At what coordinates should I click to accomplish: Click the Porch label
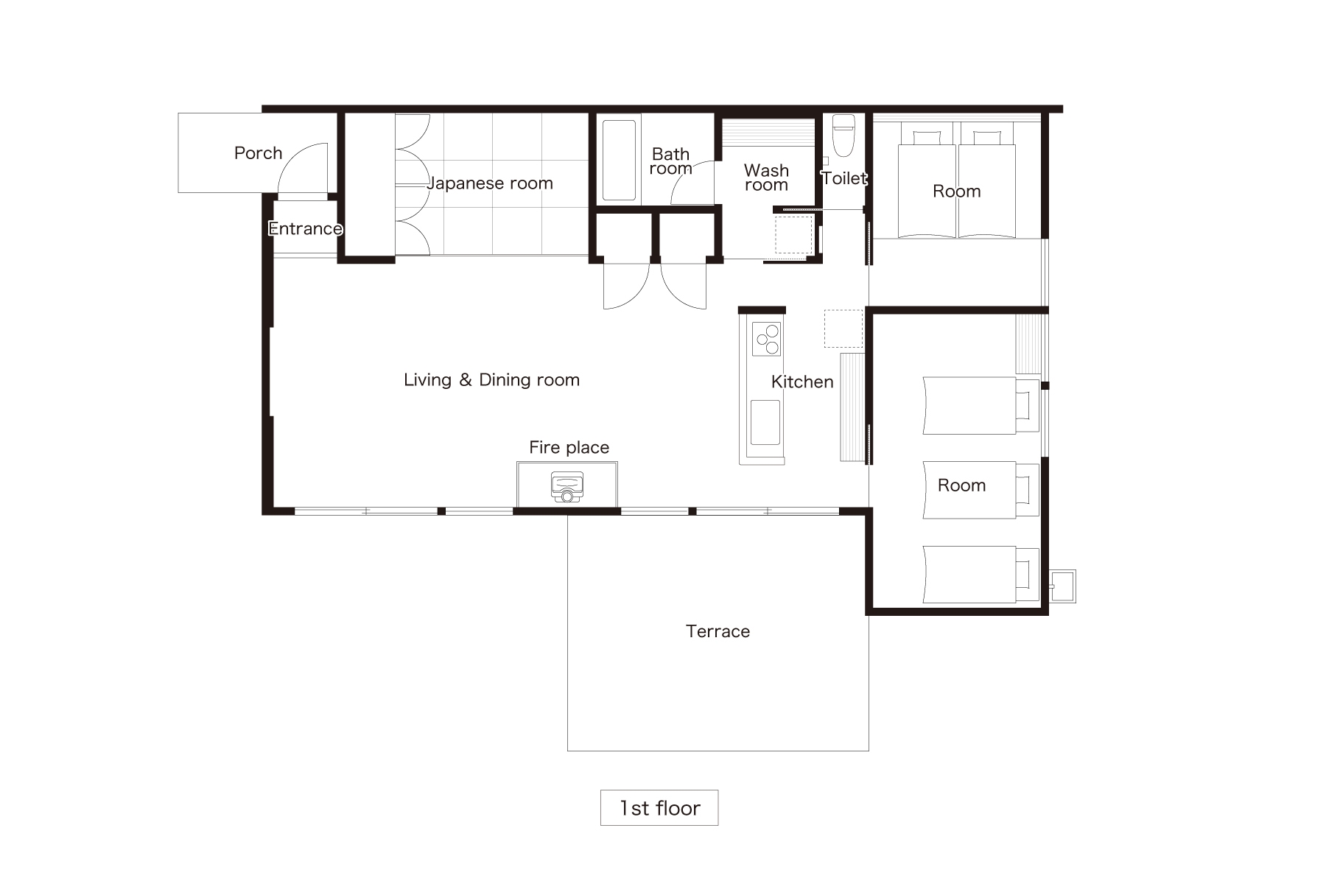click(x=258, y=153)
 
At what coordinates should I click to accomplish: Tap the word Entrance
click(x=305, y=228)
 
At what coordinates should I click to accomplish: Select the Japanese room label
click(x=490, y=183)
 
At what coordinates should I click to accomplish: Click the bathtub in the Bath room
click(x=619, y=160)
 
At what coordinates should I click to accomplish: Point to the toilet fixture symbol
click(x=843, y=136)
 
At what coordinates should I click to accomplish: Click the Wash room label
click(x=766, y=178)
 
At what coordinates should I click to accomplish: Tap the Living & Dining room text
click(x=491, y=380)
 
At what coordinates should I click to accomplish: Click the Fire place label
click(x=569, y=447)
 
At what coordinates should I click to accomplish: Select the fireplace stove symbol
click(x=566, y=487)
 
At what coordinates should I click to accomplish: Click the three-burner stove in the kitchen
click(x=767, y=340)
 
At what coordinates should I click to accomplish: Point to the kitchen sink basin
click(x=765, y=423)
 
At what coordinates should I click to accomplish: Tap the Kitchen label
click(x=802, y=382)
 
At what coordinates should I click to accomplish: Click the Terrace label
click(x=718, y=631)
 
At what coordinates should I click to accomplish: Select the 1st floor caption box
click(x=659, y=808)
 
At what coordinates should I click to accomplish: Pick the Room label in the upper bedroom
click(x=956, y=192)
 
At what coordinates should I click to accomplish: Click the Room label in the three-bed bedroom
click(x=961, y=485)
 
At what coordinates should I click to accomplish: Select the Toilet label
click(x=844, y=178)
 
